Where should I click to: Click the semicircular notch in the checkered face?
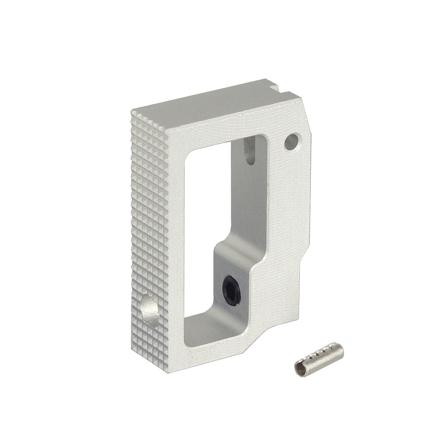[148, 307]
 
